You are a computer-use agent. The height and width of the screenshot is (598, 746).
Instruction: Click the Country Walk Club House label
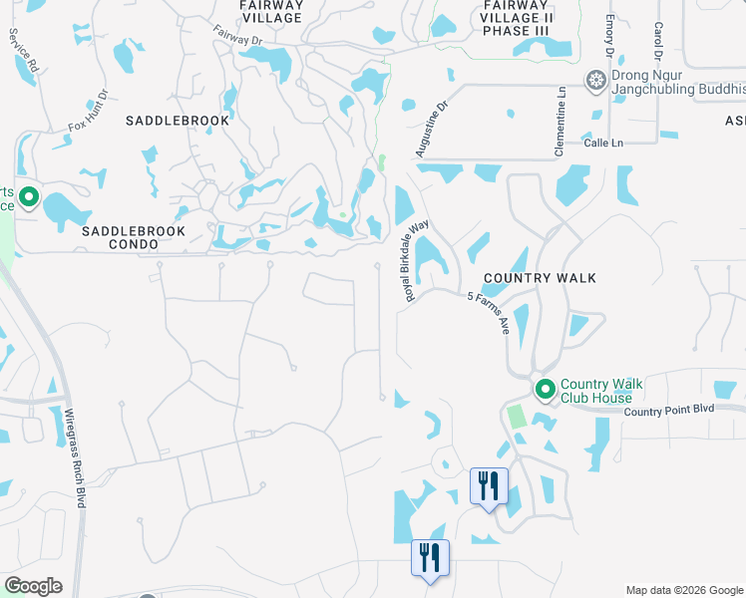602,391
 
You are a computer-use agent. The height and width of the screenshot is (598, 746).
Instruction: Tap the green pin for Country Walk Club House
545,389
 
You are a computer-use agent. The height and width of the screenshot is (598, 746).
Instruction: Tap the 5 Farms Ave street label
489,312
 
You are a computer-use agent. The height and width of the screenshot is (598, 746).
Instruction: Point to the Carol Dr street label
658,41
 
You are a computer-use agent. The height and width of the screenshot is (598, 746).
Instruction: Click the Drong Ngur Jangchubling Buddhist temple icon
596,80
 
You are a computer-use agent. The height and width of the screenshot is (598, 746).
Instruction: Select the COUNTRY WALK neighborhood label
540,278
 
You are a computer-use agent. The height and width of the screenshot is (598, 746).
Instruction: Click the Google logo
33,586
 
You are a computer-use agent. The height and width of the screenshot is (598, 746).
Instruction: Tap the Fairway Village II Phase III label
516,18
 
